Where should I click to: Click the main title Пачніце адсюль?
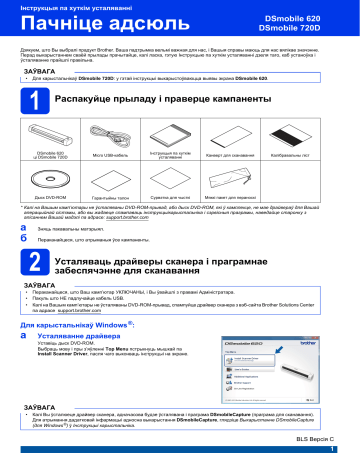(89, 23)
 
